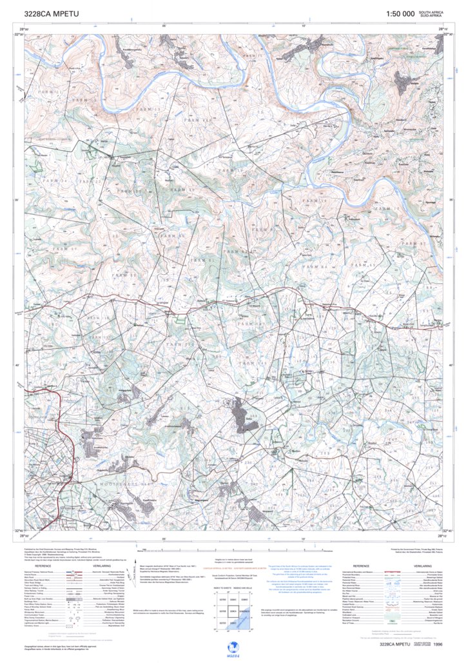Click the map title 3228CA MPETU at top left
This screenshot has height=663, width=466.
pyautogui.click(x=51, y=14)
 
